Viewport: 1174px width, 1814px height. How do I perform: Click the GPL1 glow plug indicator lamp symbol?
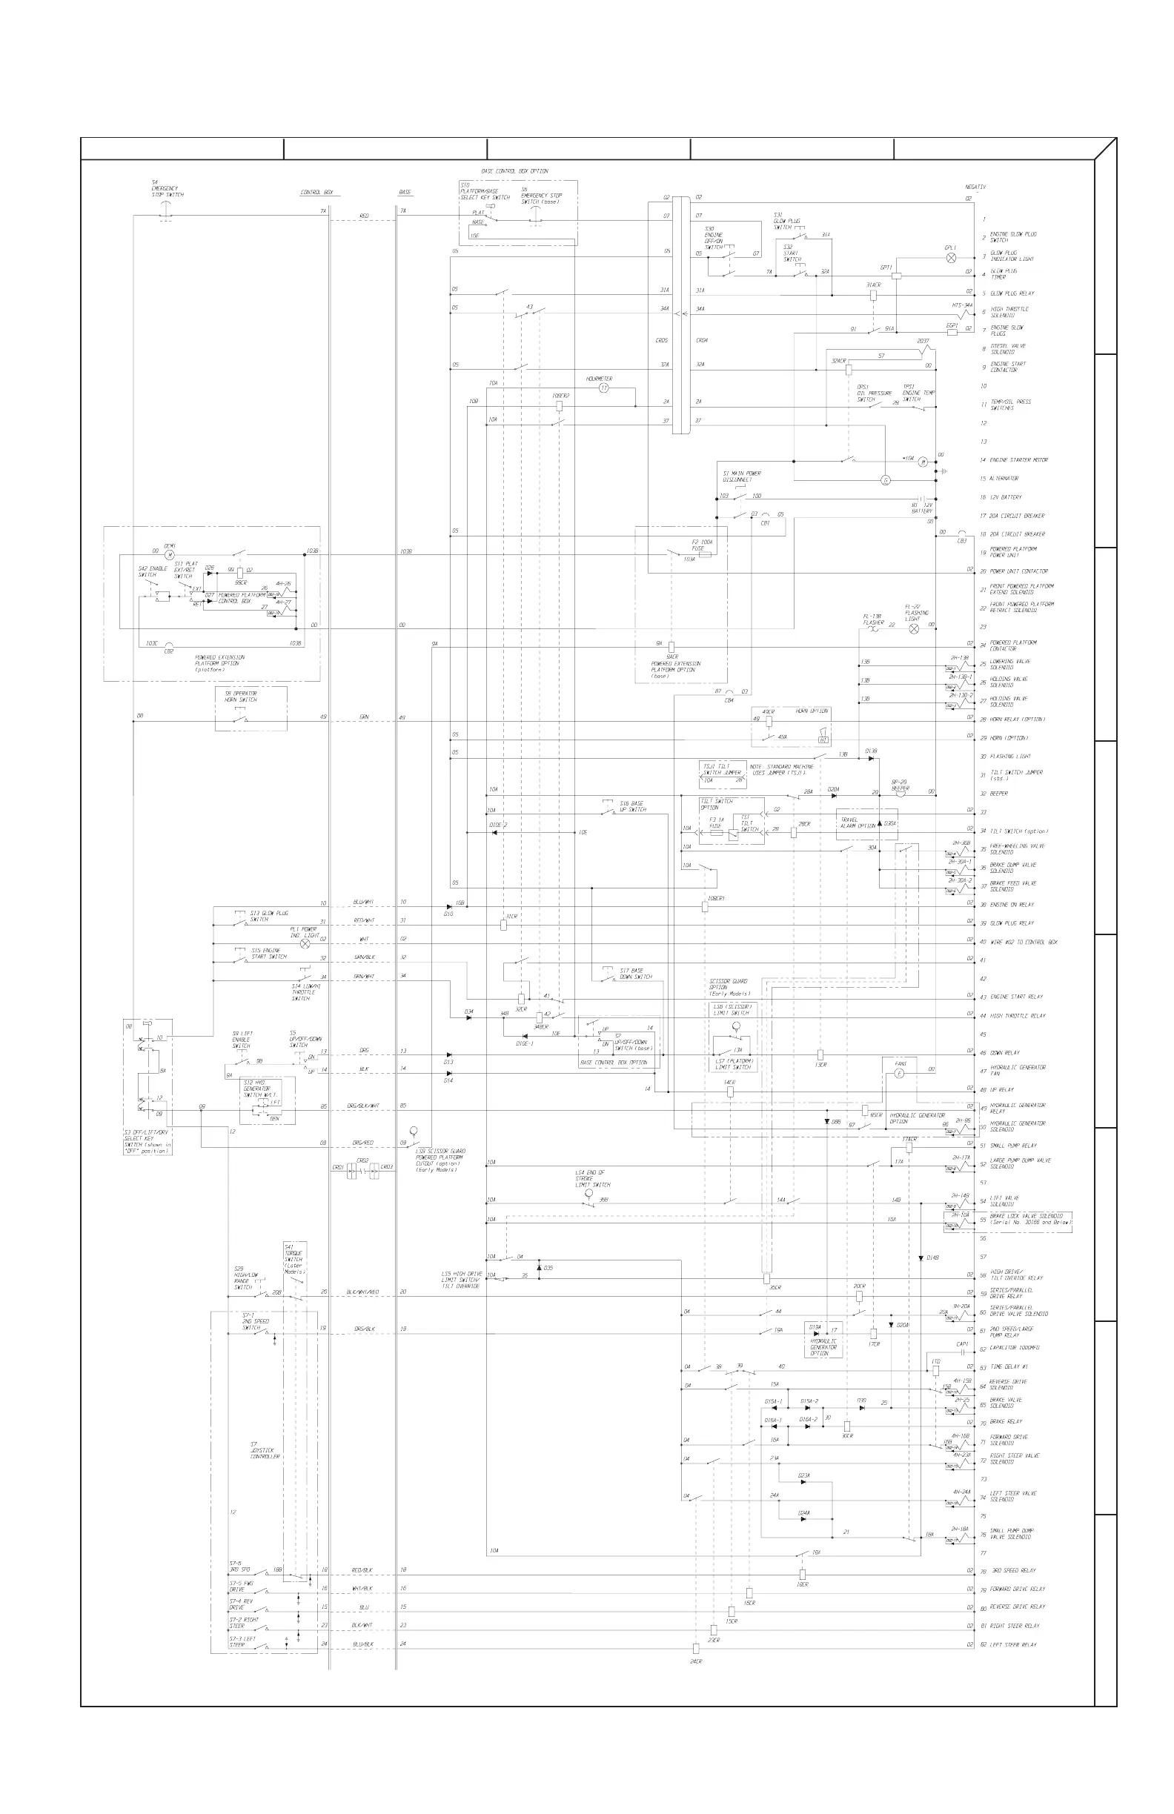[x=951, y=259]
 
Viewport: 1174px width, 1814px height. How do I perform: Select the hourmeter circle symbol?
[x=604, y=388]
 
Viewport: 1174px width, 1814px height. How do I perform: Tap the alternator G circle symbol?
[x=886, y=480]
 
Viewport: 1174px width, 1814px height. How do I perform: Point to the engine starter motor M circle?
[x=923, y=462]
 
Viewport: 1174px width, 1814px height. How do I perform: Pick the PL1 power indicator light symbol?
[x=305, y=943]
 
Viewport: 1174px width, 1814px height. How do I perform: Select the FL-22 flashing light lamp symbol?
[x=914, y=628]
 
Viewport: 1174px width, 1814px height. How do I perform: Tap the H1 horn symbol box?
[x=823, y=740]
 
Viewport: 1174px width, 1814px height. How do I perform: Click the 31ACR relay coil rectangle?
[x=874, y=295]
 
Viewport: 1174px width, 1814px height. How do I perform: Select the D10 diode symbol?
[x=450, y=906]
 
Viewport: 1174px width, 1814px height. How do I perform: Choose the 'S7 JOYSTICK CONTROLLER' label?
[x=265, y=1449]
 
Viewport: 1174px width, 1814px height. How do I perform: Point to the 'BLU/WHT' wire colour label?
[x=364, y=903]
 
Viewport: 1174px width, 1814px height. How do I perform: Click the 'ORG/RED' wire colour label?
[x=363, y=1143]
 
